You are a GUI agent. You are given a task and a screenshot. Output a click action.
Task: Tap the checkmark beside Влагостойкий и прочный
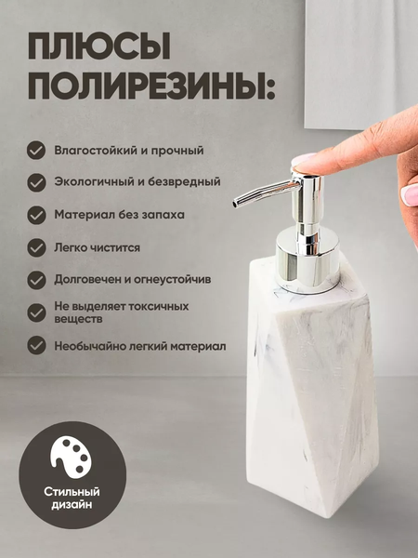36,150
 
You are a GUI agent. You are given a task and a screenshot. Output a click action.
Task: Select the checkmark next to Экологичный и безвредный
36,181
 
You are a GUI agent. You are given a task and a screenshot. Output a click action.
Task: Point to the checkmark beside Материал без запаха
36,214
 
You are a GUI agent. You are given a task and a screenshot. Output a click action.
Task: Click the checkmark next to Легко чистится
36,246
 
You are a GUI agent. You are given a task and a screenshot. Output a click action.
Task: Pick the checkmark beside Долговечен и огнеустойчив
36,279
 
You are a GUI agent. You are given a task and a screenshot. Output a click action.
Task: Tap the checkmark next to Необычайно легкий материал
36,345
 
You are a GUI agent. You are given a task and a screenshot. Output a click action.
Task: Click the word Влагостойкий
92,150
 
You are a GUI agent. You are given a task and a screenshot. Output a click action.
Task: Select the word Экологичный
90,181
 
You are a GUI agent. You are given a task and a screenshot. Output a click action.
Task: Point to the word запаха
161,214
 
